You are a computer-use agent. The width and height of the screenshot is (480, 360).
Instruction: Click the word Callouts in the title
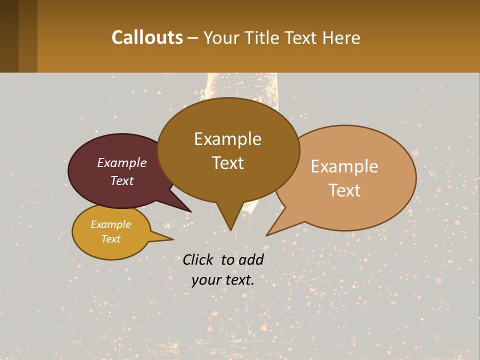147,37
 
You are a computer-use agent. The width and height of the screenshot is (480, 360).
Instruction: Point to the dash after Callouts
193,38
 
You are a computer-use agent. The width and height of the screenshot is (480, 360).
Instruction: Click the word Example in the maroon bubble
122,163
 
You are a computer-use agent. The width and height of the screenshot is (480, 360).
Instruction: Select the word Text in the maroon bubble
122,181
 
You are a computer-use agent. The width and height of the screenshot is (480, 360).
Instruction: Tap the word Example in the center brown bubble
227,139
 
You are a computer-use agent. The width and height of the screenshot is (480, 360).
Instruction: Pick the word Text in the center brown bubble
227,163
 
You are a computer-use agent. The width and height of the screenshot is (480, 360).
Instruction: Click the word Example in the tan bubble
344,166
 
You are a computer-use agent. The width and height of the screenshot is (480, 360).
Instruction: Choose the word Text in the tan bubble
344,190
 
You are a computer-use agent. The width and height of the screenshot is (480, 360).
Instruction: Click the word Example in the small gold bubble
110,224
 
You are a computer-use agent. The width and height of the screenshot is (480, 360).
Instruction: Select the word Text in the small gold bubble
110,239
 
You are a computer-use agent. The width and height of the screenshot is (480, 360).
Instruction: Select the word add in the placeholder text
251,259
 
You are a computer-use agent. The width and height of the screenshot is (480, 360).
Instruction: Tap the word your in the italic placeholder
205,280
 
